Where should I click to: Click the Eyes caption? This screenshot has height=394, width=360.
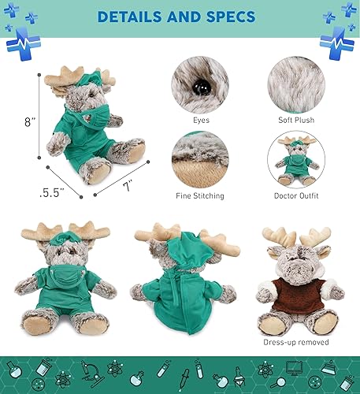200,121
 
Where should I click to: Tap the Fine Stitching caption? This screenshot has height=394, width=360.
200,195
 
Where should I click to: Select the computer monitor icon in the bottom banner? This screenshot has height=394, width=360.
296,368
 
